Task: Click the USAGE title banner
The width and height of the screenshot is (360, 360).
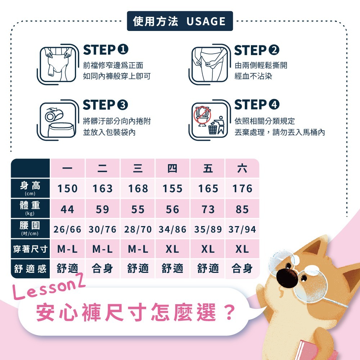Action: tap(180, 21)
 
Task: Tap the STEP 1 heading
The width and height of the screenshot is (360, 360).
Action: tap(105, 50)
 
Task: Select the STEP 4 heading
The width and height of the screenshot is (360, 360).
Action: tap(257, 104)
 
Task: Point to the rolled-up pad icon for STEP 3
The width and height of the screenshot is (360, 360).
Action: tap(54, 114)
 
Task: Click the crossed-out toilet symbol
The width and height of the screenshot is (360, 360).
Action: tap(202, 116)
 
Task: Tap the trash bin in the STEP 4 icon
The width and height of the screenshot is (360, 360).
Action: tap(213, 129)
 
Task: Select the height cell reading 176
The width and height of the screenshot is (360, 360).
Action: tap(242, 189)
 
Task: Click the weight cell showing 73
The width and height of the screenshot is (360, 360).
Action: tap(208, 209)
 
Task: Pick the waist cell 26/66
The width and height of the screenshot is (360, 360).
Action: tap(68, 229)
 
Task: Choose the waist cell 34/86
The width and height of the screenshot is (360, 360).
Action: tap(172, 229)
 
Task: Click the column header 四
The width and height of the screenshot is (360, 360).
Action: tap(172, 168)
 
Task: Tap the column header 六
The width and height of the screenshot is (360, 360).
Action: tap(242, 168)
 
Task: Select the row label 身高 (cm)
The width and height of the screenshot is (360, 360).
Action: tap(30, 188)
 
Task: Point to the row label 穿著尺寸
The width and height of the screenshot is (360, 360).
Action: tap(30, 249)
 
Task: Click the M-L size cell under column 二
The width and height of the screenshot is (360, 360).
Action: tap(102, 249)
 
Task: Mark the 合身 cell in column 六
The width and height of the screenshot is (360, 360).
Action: tap(242, 269)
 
